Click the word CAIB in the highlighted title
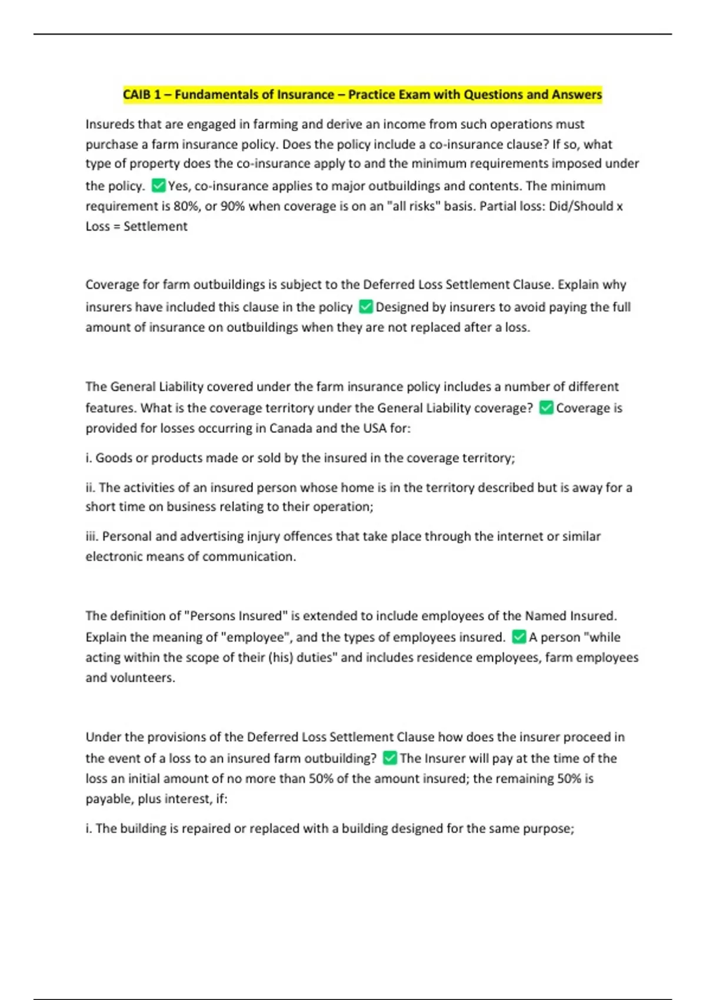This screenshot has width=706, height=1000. click(136, 95)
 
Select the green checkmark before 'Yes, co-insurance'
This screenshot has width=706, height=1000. click(158, 186)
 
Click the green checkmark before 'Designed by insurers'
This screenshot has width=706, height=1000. click(366, 306)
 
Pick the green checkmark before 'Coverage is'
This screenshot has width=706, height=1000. click(546, 408)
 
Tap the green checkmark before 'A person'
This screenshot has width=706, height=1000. click(519, 636)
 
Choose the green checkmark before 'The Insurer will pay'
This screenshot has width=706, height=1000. click(389, 758)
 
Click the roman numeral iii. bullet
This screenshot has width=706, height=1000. click(92, 536)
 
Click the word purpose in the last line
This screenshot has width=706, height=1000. click(548, 829)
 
